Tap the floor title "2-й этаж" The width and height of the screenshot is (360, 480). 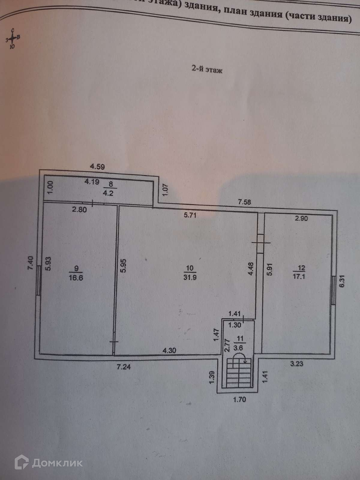(x=207, y=70)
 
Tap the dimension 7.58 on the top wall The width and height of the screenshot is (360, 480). (x=244, y=202)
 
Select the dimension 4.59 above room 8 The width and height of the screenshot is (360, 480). (x=97, y=166)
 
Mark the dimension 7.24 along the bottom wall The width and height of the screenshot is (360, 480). (x=124, y=366)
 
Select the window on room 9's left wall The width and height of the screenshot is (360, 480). (x=38, y=281)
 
